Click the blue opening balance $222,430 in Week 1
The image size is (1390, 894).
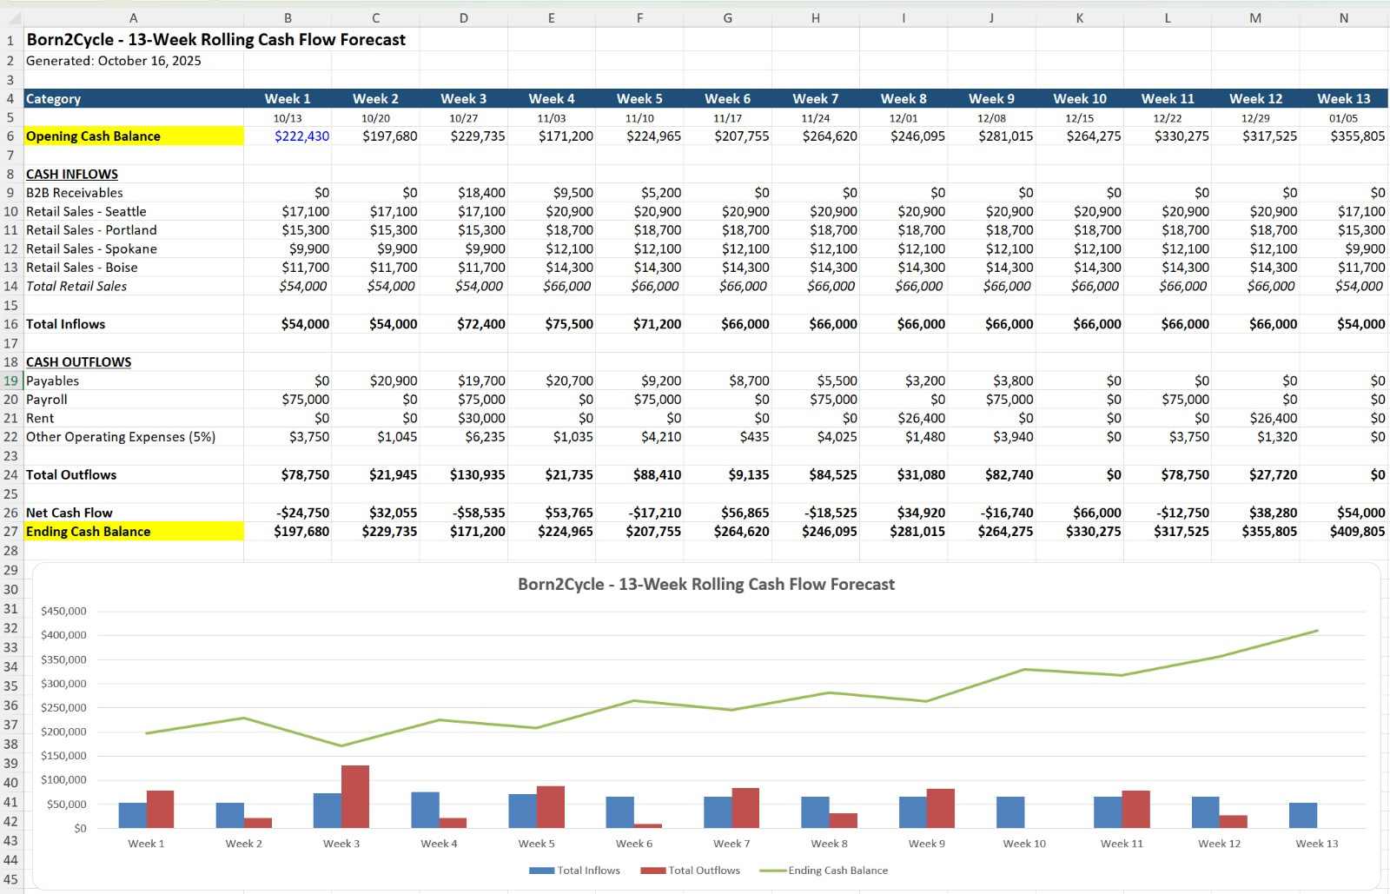tap(301, 136)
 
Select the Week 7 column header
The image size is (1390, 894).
tap(815, 99)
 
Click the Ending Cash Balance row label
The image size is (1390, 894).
tap(88, 532)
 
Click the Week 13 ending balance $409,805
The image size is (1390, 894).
tap(1357, 532)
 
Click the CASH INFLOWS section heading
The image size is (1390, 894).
tap(72, 175)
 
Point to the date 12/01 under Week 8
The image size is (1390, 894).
tap(903, 118)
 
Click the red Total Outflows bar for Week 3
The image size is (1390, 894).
tap(354, 796)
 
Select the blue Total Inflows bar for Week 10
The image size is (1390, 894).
tap(1010, 811)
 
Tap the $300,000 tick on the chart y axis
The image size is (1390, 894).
tap(63, 684)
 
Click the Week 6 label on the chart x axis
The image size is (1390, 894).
tap(633, 844)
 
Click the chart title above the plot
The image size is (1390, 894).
tap(705, 585)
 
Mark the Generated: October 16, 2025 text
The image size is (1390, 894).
tap(114, 61)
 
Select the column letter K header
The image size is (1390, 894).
tap(1079, 17)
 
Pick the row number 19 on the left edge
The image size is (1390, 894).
tap(10, 381)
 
